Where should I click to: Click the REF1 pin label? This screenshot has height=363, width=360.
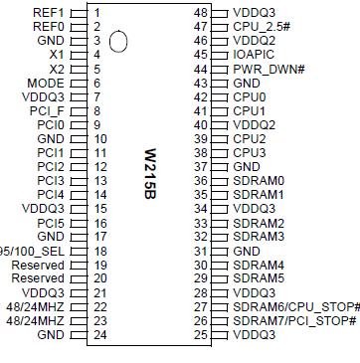[x=49, y=13]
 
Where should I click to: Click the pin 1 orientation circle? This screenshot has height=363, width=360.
[x=120, y=42]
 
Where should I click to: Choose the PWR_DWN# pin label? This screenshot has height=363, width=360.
[x=269, y=69]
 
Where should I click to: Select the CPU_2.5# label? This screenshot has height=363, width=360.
[x=261, y=27]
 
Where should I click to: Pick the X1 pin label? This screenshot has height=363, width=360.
[x=56, y=55]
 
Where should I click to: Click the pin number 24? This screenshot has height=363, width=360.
[x=99, y=335]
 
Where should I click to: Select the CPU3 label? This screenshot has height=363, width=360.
[x=249, y=152]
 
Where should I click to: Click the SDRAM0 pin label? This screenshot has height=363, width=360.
[x=258, y=180]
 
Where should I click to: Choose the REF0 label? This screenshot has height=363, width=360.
[x=49, y=27]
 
